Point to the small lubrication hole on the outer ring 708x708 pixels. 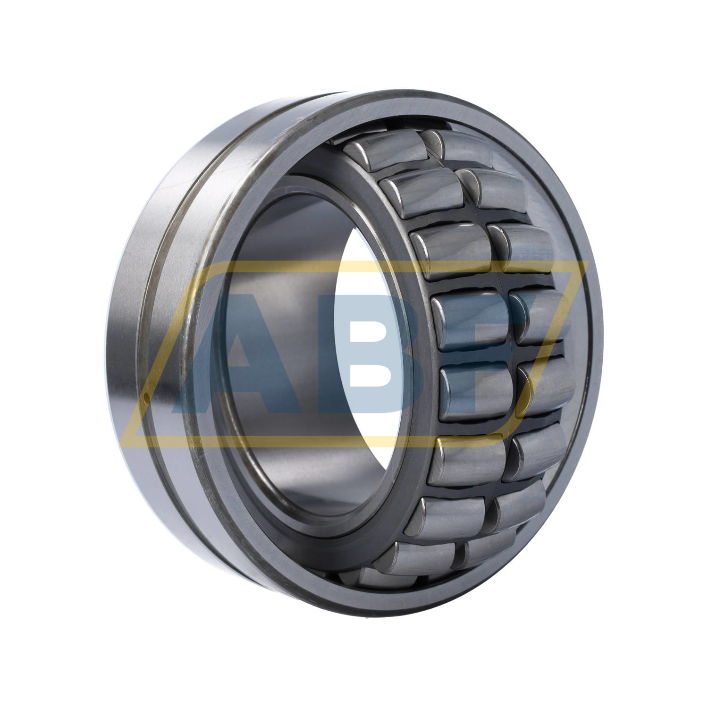(x=147, y=398)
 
